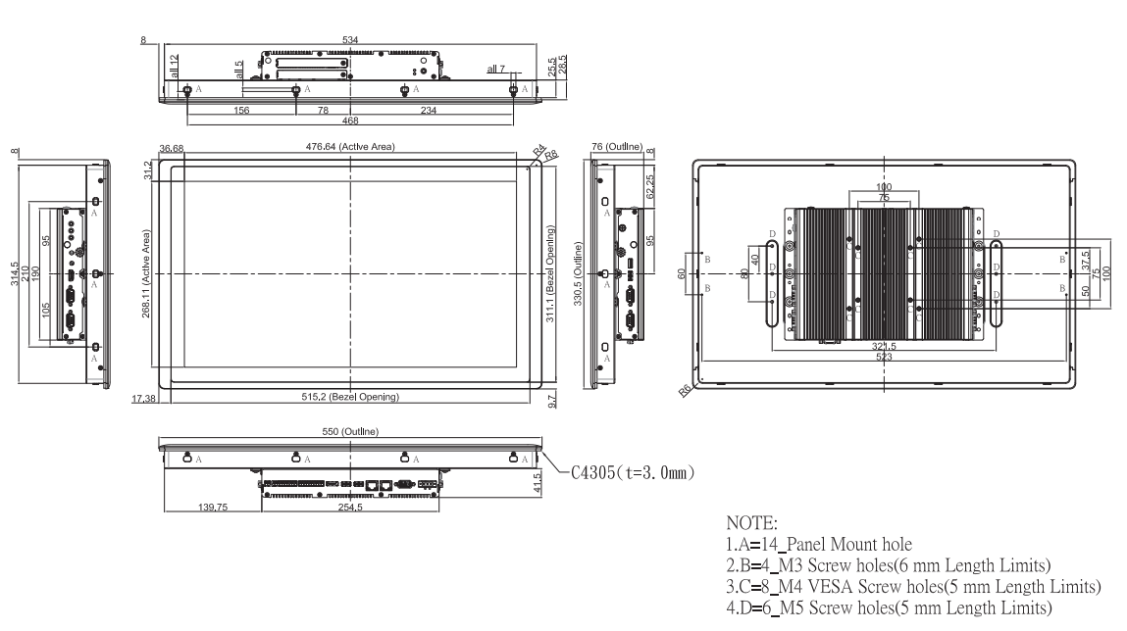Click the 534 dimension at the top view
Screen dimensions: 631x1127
350,40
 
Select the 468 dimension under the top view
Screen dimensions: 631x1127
350,121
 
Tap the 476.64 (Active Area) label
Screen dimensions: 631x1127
350,147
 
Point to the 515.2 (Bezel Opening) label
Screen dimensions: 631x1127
350,397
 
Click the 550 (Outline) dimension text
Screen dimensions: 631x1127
350,431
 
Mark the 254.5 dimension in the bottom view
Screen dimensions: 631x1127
350,510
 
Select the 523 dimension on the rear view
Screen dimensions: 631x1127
885,359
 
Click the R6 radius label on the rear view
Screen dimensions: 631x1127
684,391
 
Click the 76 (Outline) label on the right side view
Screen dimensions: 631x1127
616,147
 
